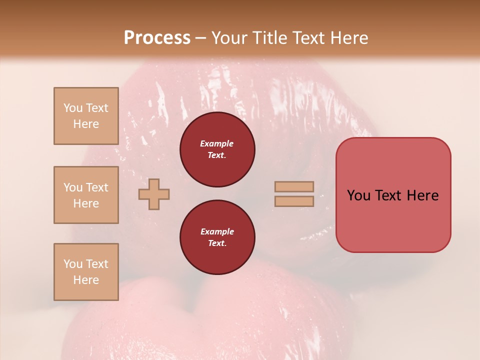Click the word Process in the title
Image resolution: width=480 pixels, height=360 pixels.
pos(157,37)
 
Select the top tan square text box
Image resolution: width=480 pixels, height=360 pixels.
pos(86,116)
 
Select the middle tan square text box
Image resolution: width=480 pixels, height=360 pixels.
pos(86,195)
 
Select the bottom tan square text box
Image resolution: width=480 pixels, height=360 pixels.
pos(86,272)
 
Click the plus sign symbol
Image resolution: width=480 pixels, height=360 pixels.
pos(154,194)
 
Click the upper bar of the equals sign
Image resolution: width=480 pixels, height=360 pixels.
pos(294,187)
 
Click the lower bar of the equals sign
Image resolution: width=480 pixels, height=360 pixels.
pos(294,201)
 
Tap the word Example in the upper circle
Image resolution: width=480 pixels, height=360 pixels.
pos(217,143)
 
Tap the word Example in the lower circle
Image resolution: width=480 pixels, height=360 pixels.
pos(217,231)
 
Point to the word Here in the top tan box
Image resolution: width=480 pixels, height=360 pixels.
pos(86,124)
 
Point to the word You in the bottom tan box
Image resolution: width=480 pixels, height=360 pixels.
pos(73,264)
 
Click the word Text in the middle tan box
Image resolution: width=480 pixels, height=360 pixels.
pos(97,187)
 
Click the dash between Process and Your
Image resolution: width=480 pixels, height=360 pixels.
pos(201,38)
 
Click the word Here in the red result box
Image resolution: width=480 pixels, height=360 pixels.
pos(422,195)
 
